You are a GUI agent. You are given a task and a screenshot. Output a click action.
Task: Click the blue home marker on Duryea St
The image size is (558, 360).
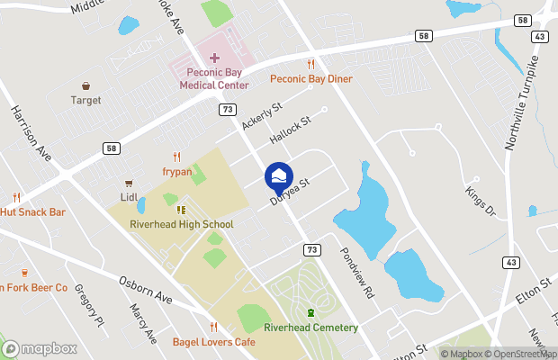tap(279, 174)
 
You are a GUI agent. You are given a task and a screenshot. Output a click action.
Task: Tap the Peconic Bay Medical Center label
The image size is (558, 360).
tap(213, 78)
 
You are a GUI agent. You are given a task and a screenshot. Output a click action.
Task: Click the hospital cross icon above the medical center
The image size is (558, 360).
tap(214, 58)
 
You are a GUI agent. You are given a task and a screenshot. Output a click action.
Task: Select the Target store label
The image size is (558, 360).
tap(85, 100)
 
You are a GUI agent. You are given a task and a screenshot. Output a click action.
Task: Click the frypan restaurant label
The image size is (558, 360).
tap(176, 170)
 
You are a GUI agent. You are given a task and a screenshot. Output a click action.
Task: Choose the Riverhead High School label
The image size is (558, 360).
tap(181, 224)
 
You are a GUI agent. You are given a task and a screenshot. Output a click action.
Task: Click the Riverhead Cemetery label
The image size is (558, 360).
tap(310, 328)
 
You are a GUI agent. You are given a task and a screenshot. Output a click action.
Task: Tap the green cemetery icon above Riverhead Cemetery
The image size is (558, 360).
tap(310, 312)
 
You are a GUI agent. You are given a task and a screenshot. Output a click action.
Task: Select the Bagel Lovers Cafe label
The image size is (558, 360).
tap(214, 341)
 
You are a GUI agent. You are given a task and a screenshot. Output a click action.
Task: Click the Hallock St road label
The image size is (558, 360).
tap(289, 130)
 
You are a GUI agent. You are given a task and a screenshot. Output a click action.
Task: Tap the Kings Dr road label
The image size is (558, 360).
tap(480, 200)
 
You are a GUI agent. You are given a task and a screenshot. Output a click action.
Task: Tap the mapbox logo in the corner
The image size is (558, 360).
tap(40, 348)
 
